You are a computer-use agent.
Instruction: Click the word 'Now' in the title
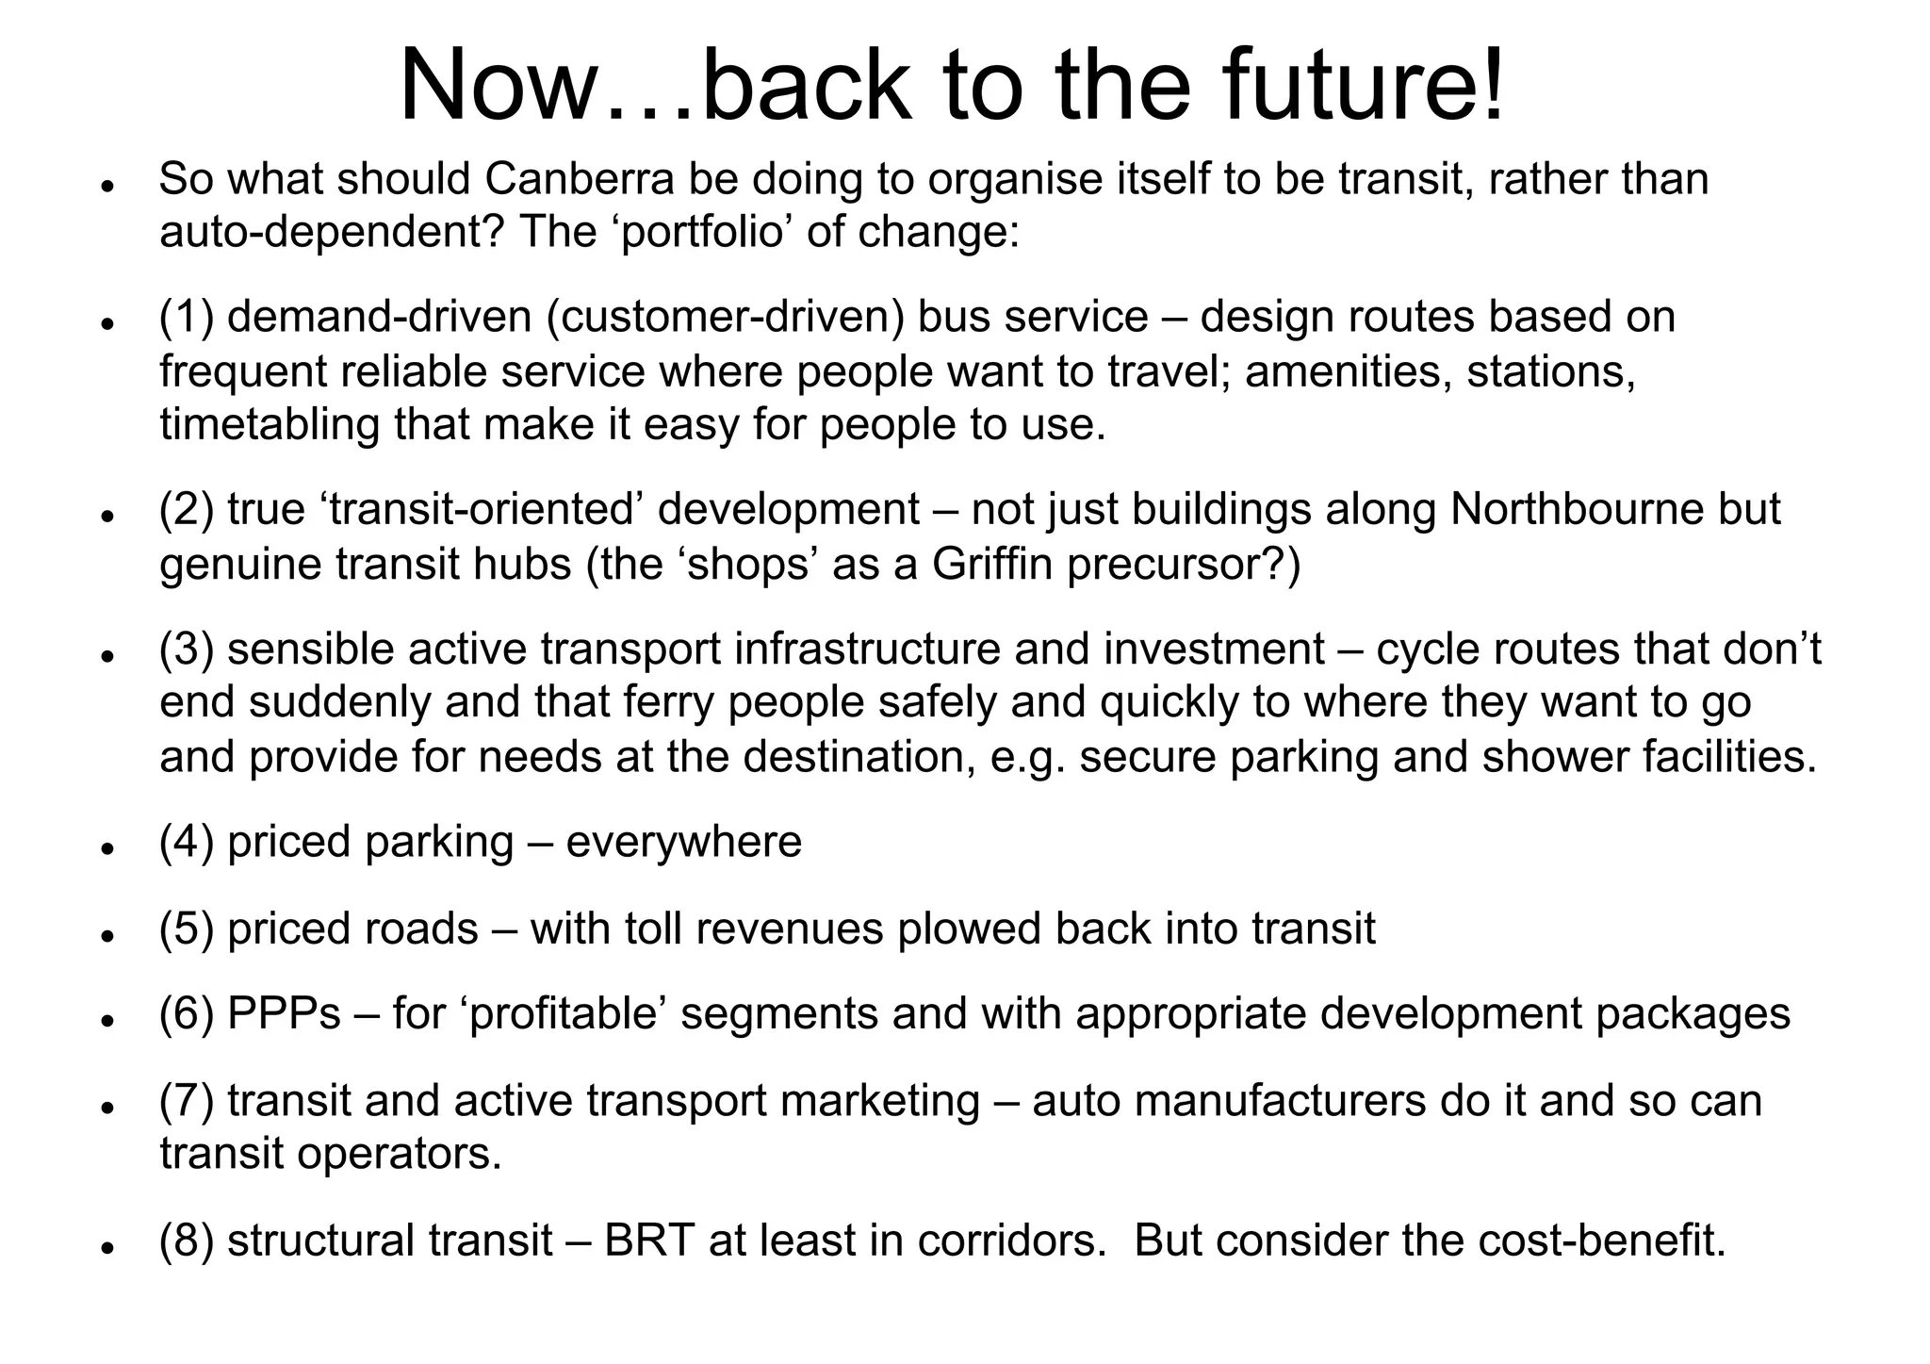(x=499, y=87)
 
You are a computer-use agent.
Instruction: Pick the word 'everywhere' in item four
(x=683, y=842)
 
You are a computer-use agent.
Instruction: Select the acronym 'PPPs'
(x=284, y=1014)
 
